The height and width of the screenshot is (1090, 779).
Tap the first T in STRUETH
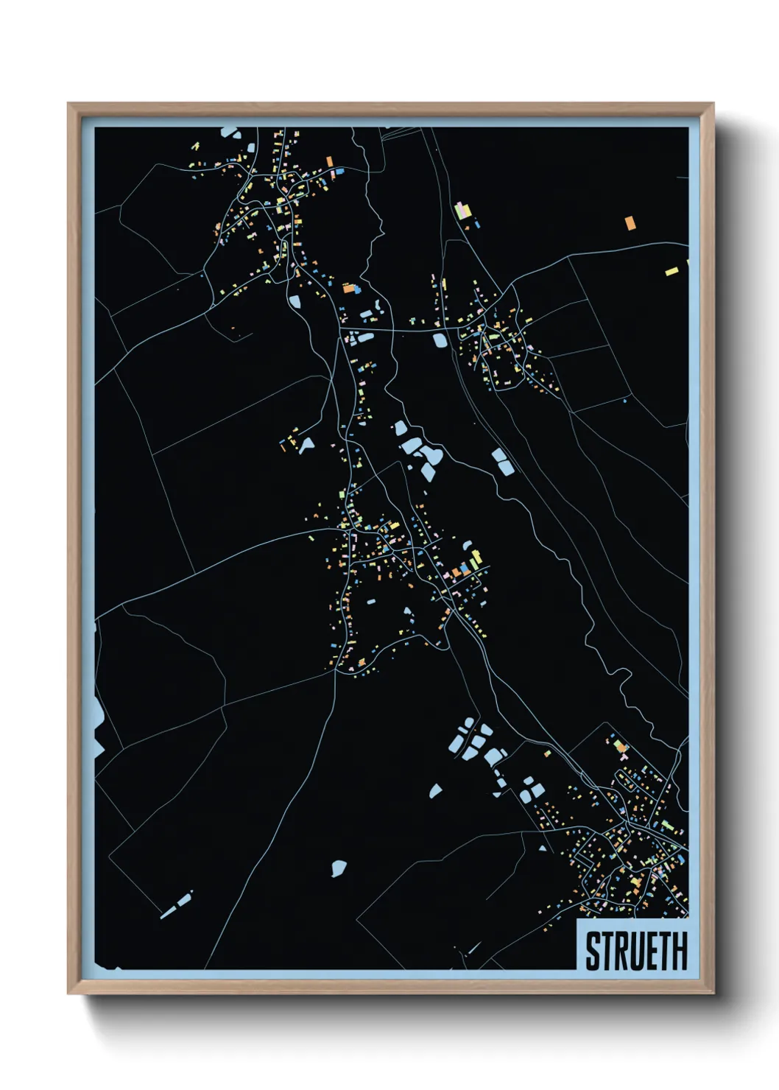(607, 951)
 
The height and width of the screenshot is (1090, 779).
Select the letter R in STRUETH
(623, 951)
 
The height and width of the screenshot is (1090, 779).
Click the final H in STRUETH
(680, 951)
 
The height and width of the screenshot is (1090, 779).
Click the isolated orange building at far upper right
(630, 222)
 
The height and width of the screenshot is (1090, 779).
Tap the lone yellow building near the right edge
(672, 271)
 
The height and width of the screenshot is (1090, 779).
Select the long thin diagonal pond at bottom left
(177, 905)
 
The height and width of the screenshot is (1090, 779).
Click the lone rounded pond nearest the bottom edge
(338, 868)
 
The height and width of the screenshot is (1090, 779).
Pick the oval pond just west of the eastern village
(440, 340)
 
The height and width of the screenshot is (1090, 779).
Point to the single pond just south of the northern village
(295, 300)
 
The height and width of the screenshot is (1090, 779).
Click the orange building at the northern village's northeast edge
(330, 161)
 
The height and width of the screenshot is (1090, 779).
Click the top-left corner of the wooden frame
(68, 104)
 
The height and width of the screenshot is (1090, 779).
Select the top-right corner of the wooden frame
(713, 104)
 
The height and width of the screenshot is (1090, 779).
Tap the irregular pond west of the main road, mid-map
(306, 444)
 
